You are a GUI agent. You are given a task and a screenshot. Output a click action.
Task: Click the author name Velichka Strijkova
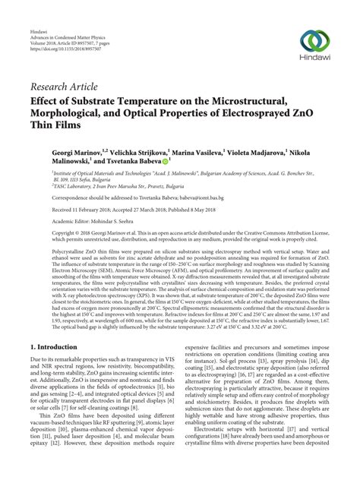point(145,152)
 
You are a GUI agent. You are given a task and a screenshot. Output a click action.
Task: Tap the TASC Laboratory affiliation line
point(125,186)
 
